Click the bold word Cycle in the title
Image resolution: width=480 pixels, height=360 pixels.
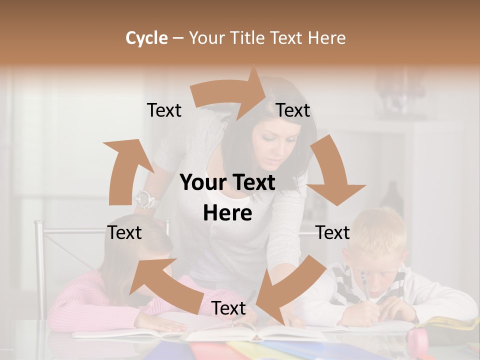click(x=146, y=38)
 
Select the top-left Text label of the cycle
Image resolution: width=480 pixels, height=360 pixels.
click(x=164, y=110)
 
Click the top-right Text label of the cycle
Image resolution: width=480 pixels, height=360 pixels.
click(x=293, y=110)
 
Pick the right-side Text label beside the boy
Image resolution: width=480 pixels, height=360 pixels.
click(x=332, y=232)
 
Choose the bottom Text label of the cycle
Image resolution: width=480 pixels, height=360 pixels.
click(x=228, y=308)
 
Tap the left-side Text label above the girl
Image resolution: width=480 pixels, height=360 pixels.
click(x=124, y=232)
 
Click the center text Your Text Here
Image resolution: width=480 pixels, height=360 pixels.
click(x=227, y=197)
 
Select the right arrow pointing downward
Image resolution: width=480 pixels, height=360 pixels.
click(x=332, y=172)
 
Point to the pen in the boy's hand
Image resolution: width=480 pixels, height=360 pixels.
click(x=364, y=285)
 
